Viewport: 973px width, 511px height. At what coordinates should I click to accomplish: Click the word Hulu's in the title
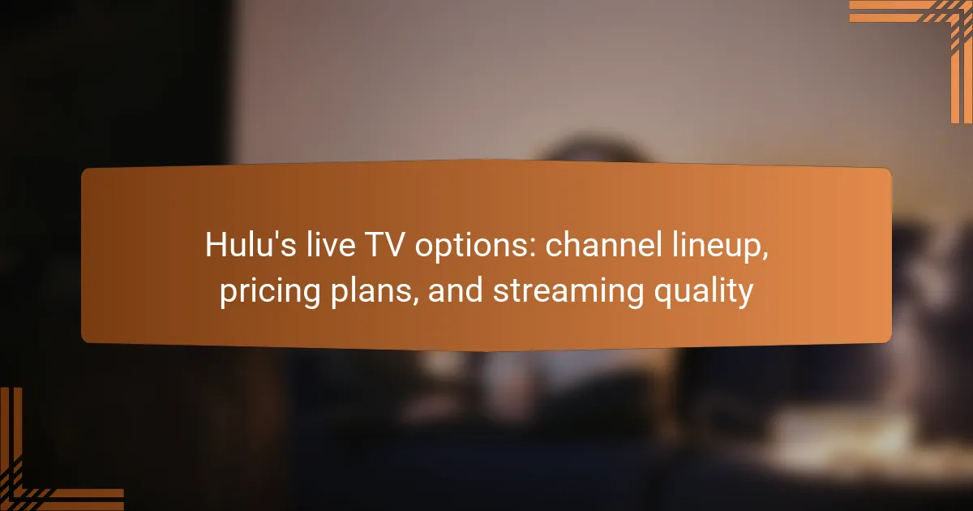click(251, 245)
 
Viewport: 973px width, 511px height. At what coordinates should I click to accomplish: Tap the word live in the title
click(331, 245)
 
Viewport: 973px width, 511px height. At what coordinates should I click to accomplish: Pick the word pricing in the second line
click(270, 293)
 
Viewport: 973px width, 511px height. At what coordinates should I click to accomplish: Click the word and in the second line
click(456, 290)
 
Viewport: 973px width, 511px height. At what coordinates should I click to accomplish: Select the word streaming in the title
click(568, 293)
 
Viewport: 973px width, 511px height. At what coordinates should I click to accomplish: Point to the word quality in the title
click(703, 293)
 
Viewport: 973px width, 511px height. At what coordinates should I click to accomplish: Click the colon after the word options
click(533, 249)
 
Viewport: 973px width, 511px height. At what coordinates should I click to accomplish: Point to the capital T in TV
click(374, 245)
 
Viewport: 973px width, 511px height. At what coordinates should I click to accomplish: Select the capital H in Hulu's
click(216, 245)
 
